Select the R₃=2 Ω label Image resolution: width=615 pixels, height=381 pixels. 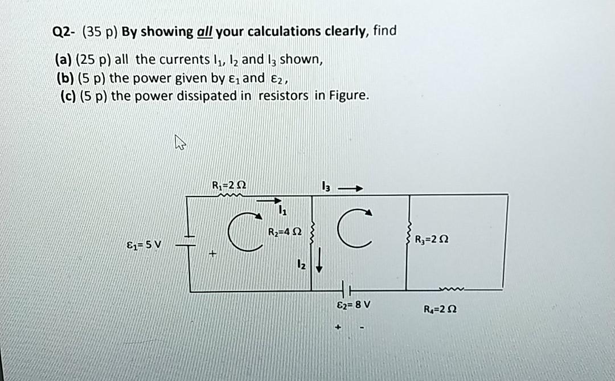point(433,239)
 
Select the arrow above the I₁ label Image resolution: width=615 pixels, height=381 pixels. point(269,200)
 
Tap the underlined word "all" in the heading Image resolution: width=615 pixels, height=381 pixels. point(204,32)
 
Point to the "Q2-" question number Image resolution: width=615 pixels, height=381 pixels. point(64,32)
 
